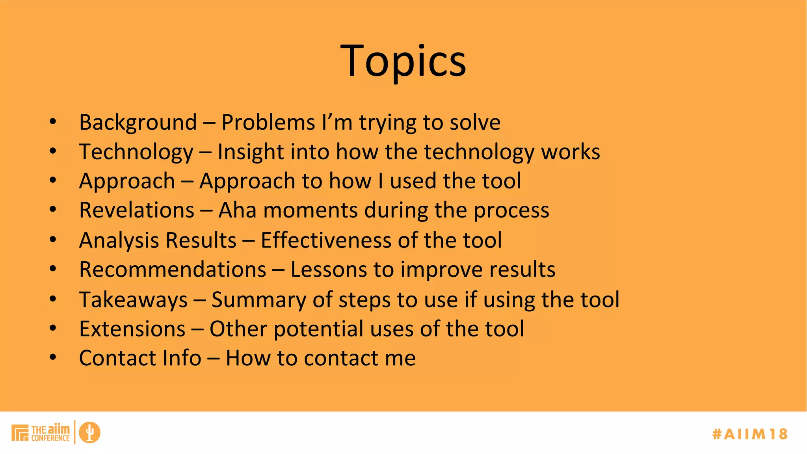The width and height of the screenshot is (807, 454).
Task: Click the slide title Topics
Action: click(403, 61)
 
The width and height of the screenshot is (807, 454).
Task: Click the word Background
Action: click(138, 123)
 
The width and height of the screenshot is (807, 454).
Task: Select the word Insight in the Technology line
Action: click(251, 152)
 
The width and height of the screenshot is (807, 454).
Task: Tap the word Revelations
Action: click(136, 210)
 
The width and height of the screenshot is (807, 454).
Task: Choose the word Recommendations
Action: click(173, 270)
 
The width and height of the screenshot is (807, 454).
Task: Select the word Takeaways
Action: click(133, 300)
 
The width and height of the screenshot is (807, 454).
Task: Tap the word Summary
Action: click(258, 300)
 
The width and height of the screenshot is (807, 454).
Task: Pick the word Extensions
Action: click(132, 329)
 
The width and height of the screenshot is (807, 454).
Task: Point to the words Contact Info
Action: click(140, 358)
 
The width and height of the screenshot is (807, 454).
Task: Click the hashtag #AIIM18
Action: click(749, 434)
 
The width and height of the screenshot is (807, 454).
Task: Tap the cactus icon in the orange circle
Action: click(89, 432)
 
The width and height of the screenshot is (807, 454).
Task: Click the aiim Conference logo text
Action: click(50, 433)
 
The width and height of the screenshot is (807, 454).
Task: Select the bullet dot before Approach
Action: click(53, 180)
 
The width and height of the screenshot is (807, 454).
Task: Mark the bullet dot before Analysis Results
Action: click(53, 240)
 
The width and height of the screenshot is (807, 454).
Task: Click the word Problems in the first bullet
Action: click(268, 123)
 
